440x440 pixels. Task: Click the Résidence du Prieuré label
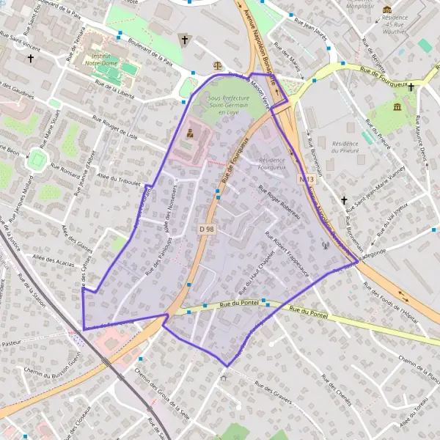[x=347, y=147]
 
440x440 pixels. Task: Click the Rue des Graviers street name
[x=275, y=395]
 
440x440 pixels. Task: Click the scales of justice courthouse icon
[x=216, y=65]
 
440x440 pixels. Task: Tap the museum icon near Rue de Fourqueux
[x=397, y=108]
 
